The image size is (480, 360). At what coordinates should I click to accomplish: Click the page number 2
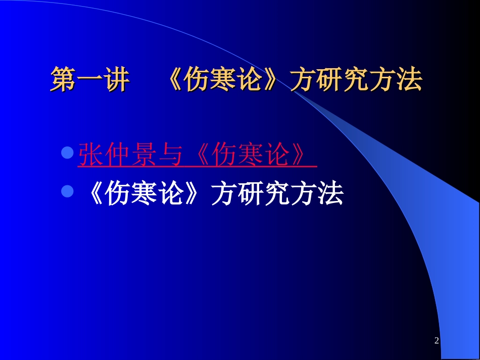437,341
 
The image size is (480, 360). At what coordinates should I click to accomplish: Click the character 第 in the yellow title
63,81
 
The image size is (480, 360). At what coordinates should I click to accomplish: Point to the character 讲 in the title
116,81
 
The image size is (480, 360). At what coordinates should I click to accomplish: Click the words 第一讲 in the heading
90,81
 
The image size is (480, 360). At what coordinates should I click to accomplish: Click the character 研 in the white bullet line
251,193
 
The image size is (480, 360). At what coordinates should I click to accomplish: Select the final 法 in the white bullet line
330,193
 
